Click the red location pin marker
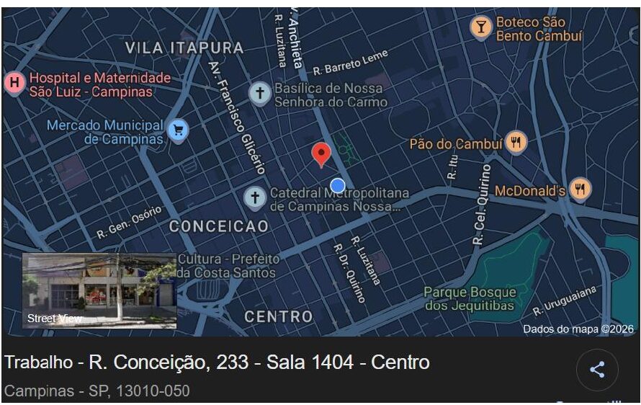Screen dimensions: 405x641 point(321,153)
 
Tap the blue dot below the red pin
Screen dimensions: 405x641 point(338,184)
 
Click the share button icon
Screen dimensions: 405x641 point(597,370)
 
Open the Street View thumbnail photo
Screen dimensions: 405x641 point(99,290)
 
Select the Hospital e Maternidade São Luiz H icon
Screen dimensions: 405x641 point(14,84)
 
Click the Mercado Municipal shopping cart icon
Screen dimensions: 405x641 point(178,130)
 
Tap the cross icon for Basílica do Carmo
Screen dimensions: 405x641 point(259,93)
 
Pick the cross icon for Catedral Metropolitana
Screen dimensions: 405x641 point(254,197)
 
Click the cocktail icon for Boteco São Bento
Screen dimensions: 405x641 point(481,27)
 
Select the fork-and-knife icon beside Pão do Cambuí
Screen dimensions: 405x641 point(516,143)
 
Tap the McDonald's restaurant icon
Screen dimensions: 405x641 point(581,190)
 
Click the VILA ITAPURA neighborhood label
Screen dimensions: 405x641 point(184,48)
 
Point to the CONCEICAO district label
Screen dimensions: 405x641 point(219,226)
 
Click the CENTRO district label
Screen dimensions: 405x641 point(279,316)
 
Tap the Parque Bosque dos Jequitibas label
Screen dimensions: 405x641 point(470,299)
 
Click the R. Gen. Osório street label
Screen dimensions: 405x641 point(130,223)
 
